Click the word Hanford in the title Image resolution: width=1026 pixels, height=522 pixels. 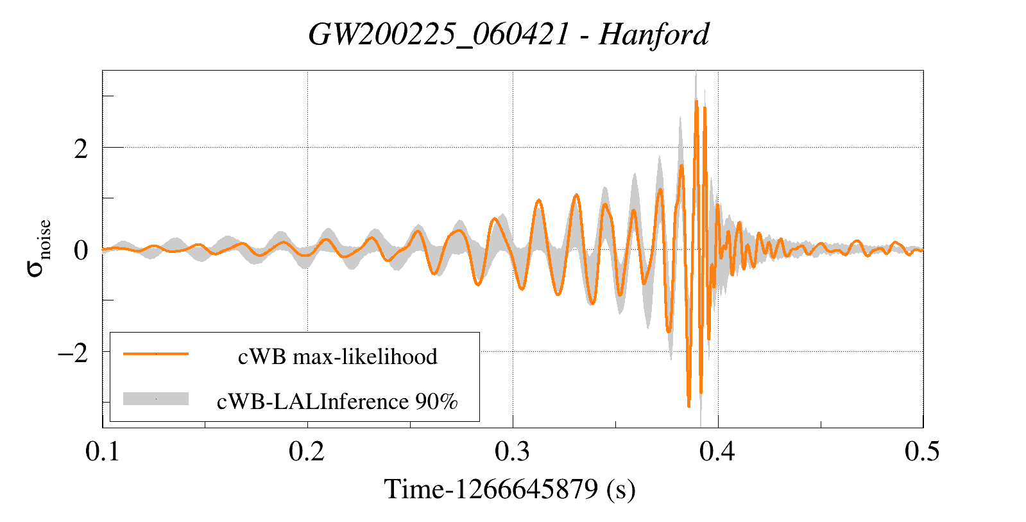(x=654, y=34)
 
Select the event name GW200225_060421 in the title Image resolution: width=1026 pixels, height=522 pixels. (x=438, y=34)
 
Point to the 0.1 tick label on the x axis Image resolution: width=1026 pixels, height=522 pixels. (x=103, y=451)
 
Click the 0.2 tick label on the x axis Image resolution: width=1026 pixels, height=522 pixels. (x=307, y=451)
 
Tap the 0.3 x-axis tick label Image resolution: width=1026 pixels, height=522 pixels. (x=512, y=451)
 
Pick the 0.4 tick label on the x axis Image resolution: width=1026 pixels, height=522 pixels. (x=717, y=451)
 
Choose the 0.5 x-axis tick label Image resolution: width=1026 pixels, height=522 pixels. (x=922, y=451)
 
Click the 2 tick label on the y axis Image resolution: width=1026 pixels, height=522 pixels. (x=81, y=149)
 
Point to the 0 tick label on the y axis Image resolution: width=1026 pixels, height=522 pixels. (x=81, y=250)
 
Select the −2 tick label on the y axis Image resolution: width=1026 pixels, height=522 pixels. (x=73, y=352)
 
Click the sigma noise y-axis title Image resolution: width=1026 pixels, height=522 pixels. (x=38, y=248)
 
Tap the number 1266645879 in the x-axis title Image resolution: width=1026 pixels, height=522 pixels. (x=526, y=489)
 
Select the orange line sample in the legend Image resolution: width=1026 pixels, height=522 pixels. (x=156, y=354)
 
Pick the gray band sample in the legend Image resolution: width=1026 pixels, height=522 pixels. (x=156, y=399)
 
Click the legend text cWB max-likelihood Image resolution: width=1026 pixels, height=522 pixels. (x=338, y=356)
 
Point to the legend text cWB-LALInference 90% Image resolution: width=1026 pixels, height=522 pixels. (x=338, y=401)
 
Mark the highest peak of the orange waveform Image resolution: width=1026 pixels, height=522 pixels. (x=696, y=101)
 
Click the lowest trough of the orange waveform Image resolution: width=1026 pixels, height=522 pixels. (x=688, y=406)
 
